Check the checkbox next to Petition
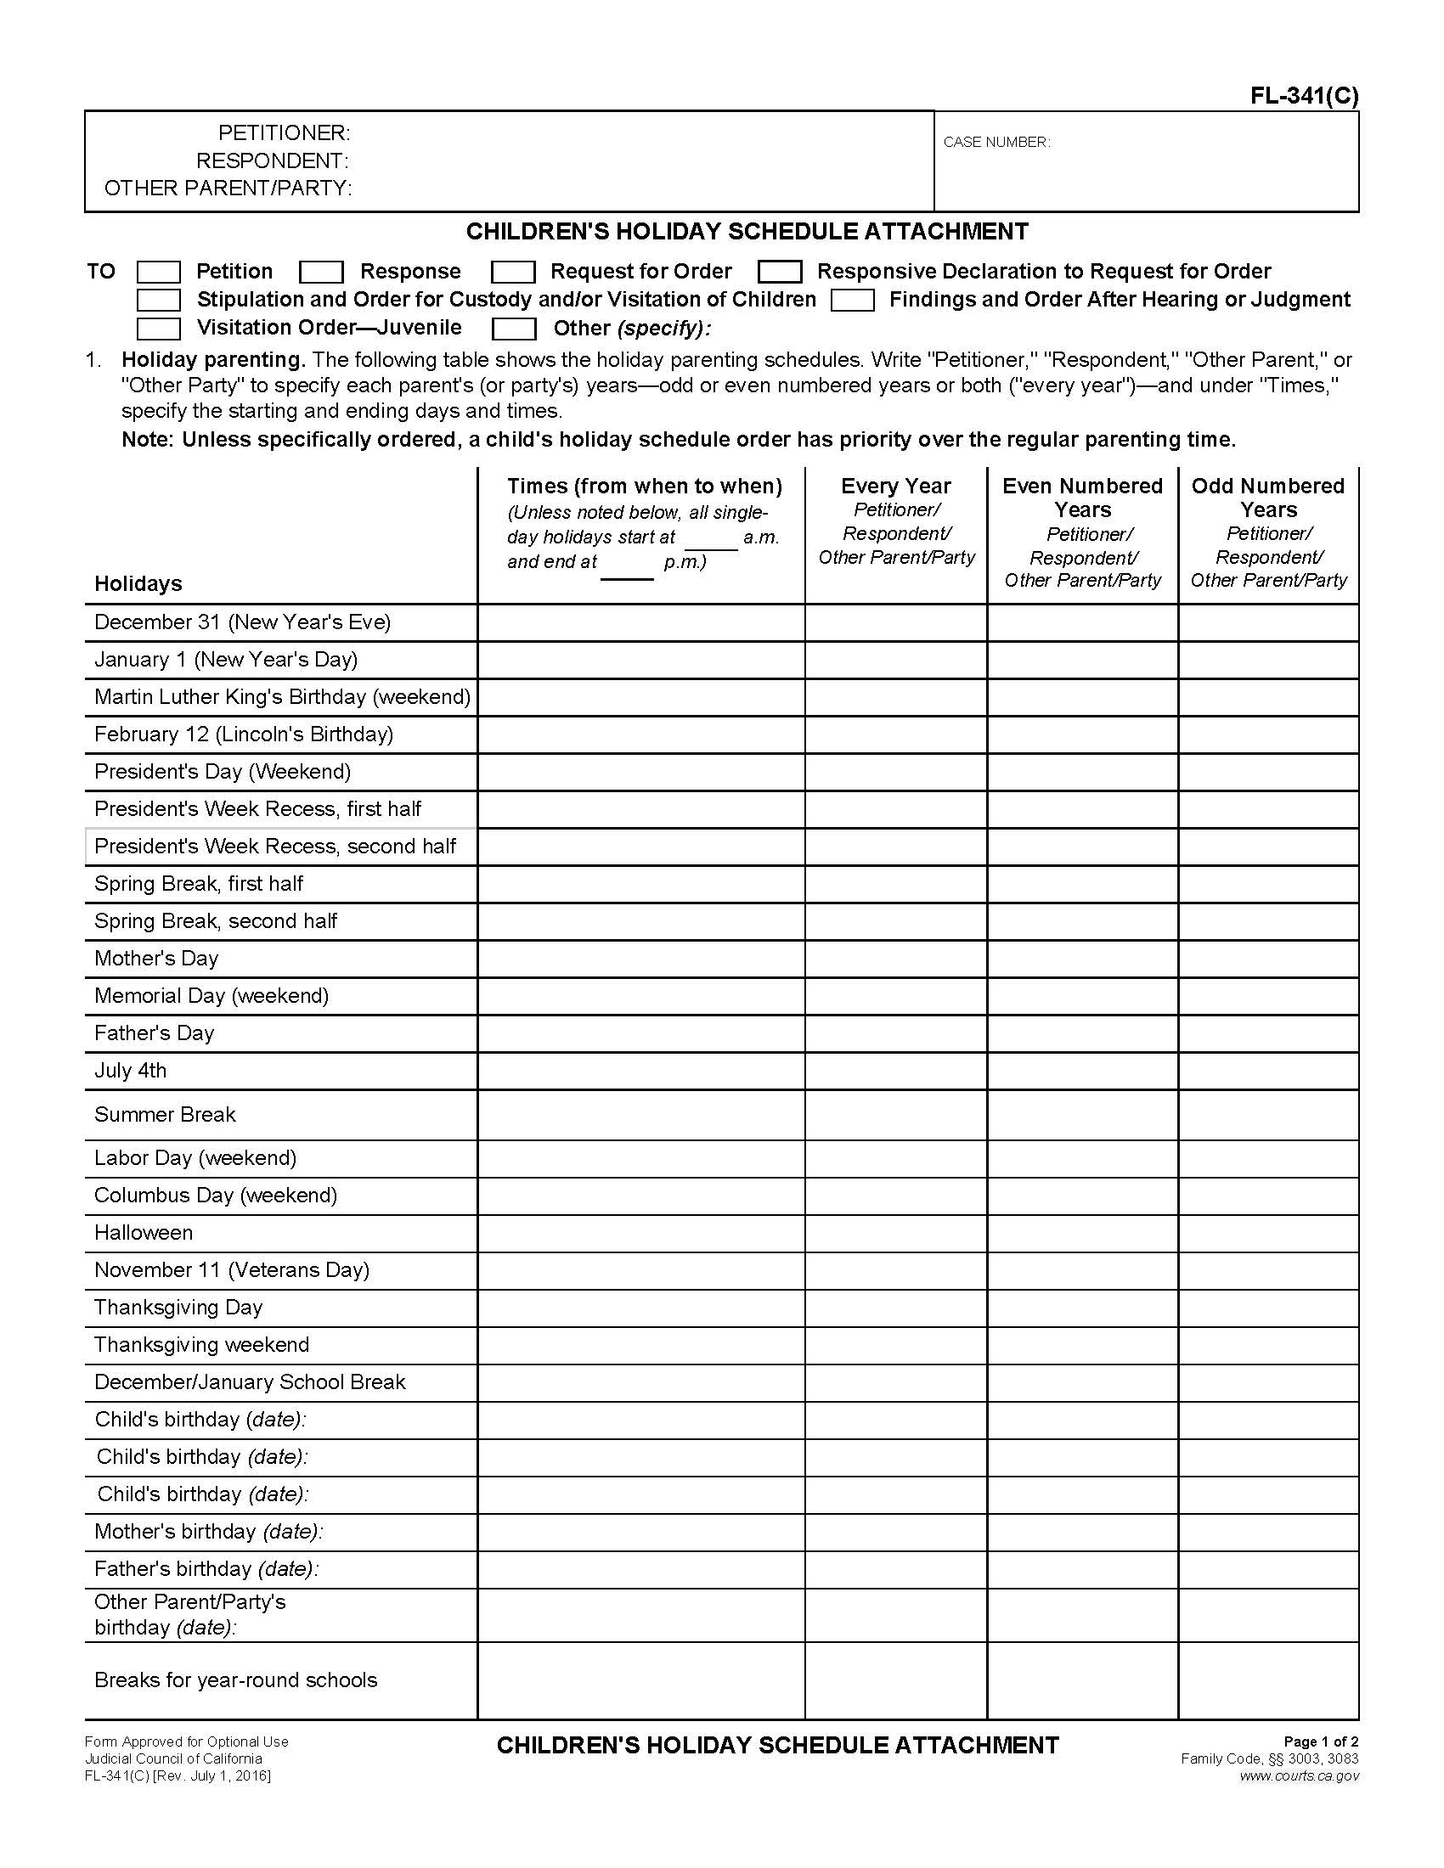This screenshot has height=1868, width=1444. coord(159,272)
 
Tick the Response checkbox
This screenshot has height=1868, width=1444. coord(322,272)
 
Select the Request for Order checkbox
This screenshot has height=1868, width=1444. coord(513,272)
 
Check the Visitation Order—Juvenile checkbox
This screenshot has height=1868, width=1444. coord(159,329)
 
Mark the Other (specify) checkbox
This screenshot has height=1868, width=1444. coord(514,329)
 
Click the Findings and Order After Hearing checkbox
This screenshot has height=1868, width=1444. coord(853,301)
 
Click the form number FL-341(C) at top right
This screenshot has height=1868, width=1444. coord(1304,96)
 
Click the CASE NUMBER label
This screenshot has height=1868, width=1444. coord(996,143)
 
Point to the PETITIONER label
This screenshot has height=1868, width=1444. coord(284,133)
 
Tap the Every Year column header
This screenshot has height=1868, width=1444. coord(895,486)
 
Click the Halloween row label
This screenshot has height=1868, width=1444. coord(144,1233)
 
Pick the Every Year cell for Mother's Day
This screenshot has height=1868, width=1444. coord(895,959)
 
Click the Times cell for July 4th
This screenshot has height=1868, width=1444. coord(640,1071)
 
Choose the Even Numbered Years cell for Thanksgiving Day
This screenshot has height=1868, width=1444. coord(1082,1308)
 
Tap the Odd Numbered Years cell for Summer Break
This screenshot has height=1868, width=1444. coord(1268,1115)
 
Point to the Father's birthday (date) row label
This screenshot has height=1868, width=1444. coord(206,1568)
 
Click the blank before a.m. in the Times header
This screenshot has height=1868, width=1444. coord(711,539)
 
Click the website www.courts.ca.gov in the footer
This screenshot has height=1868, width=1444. coord(1299,1775)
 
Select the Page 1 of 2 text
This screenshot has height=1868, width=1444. coord(1321,1741)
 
